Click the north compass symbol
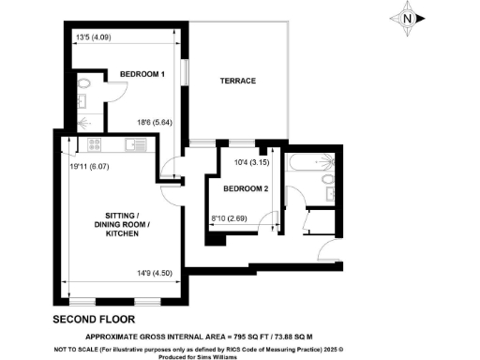point(405,18)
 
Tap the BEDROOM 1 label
point(141,74)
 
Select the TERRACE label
point(237,82)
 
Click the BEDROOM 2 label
point(246,188)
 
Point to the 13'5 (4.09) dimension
point(93,38)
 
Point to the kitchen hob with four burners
point(93,145)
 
